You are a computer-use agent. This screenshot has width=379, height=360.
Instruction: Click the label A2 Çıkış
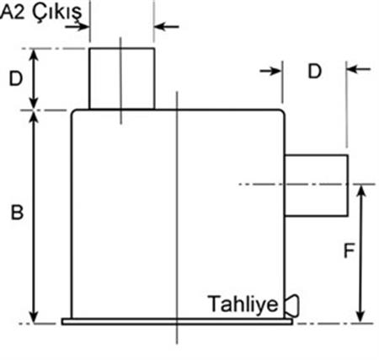[x=41, y=13]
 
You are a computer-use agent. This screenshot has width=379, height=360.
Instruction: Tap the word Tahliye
[x=243, y=304]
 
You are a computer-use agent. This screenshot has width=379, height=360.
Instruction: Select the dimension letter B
[x=17, y=212]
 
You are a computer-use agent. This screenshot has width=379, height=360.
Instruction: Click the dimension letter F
[x=350, y=250]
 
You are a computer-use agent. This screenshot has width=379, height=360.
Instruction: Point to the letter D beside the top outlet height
[x=16, y=78]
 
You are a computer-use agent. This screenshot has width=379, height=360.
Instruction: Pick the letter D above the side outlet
[x=315, y=72]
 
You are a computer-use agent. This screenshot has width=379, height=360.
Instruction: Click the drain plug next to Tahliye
[x=291, y=305]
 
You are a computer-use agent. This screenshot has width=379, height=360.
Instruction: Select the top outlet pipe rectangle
[x=121, y=78]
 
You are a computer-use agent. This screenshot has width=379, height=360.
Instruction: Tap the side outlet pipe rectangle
[x=317, y=185]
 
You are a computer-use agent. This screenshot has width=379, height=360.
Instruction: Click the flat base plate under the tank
[x=177, y=322]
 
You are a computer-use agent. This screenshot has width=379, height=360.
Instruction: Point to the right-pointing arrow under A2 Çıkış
[x=77, y=27]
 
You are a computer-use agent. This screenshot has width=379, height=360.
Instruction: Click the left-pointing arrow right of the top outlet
[x=167, y=27]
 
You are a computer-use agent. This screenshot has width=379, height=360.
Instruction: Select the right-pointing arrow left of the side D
[x=270, y=71]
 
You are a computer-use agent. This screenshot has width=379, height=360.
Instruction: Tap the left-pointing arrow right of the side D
[x=359, y=68]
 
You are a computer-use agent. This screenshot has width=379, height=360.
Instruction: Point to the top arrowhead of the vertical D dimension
[x=34, y=55]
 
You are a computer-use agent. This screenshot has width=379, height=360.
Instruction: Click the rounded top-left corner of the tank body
[x=74, y=113]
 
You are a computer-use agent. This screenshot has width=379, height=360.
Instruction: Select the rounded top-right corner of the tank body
[x=281, y=112]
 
